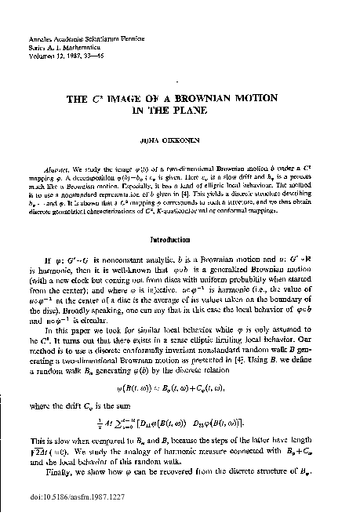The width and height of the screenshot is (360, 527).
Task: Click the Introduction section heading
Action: tap(180, 238)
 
